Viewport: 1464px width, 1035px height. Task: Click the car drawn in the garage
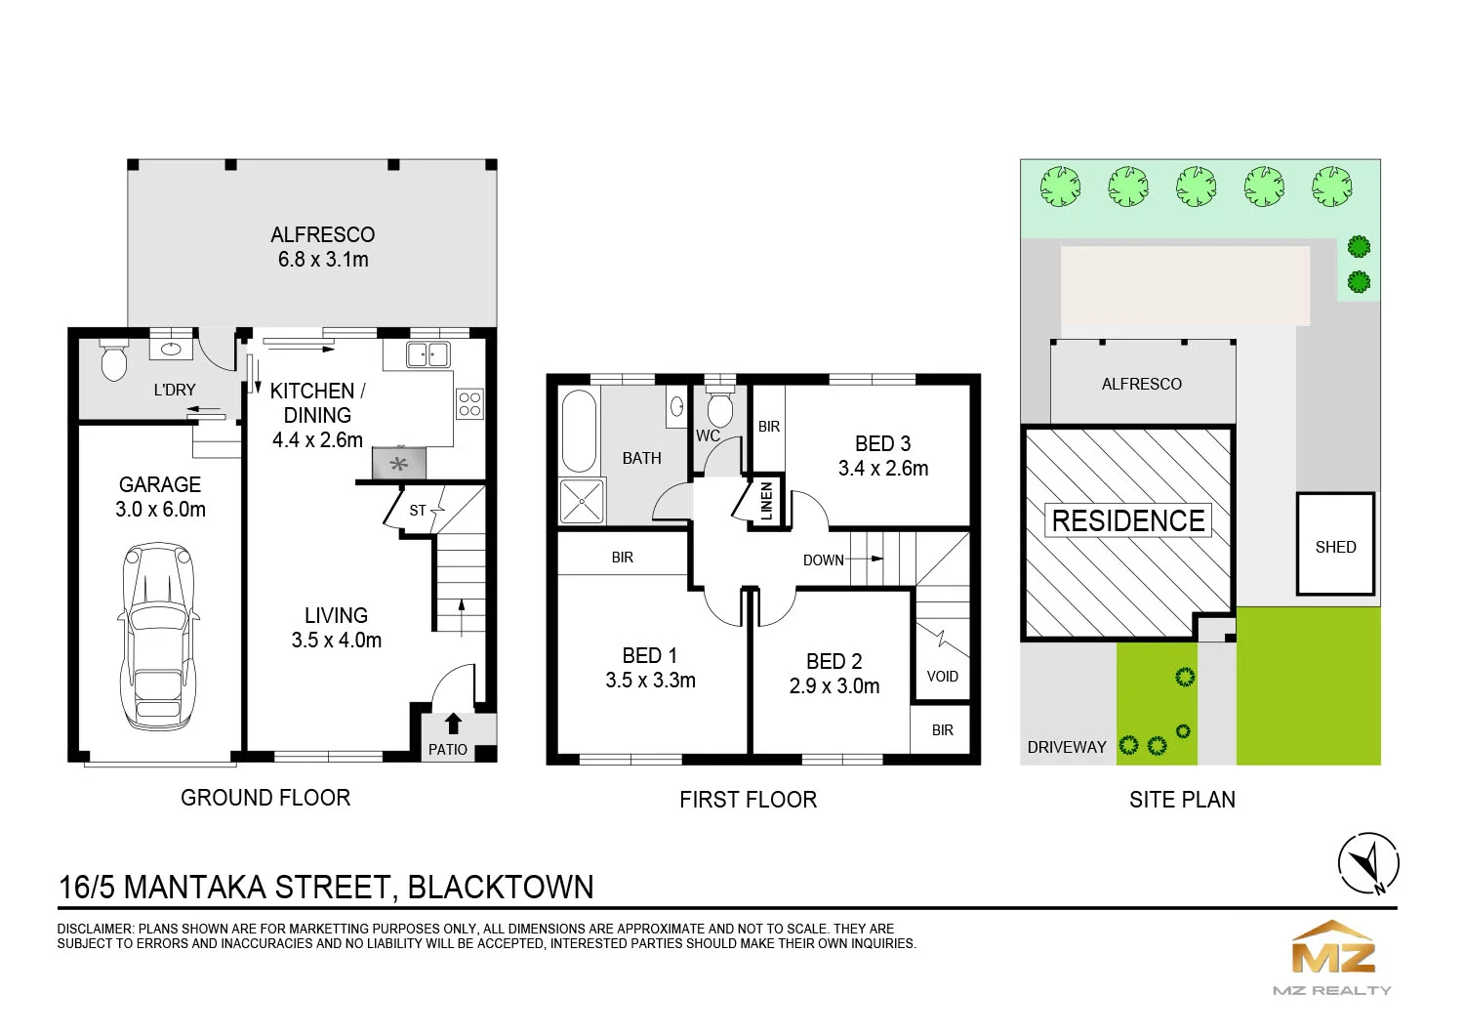[x=159, y=636]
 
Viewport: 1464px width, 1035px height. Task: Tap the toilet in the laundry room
[x=113, y=360]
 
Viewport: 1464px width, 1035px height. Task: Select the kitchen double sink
[x=428, y=354]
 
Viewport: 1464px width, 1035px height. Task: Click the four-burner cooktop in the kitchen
[x=469, y=403]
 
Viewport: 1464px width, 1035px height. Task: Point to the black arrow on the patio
[x=453, y=724]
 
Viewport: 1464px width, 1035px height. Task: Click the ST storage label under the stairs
[x=418, y=511]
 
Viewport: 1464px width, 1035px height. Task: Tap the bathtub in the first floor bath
[x=579, y=431]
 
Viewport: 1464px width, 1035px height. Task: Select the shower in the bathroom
[x=582, y=501]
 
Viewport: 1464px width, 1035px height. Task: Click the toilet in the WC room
[x=720, y=407]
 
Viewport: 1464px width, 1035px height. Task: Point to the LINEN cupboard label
[x=767, y=501]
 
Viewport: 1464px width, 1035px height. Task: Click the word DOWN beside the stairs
[x=824, y=560]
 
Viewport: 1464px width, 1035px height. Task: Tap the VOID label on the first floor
[x=943, y=677]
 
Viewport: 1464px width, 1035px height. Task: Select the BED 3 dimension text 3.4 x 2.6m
[x=883, y=468]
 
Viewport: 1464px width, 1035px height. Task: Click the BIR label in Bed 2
[x=943, y=730]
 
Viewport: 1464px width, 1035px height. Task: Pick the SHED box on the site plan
[x=1336, y=544]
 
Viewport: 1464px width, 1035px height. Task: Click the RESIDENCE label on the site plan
[x=1128, y=521]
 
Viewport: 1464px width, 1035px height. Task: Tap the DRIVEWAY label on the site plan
[x=1067, y=747]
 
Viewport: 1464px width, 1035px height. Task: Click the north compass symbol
[x=1368, y=863]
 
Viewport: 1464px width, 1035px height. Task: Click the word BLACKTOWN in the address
[x=501, y=888]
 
